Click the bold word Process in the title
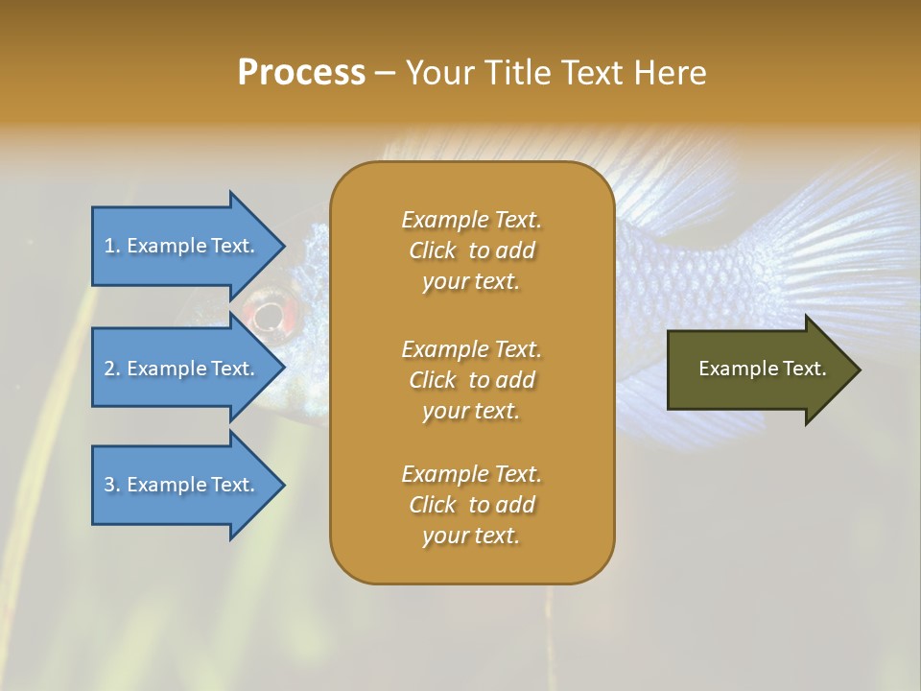coord(301,73)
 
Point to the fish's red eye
coord(268,313)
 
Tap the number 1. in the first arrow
coord(112,246)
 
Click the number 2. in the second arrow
coord(112,369)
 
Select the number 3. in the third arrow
coord(112,485)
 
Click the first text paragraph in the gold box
coord(472,250)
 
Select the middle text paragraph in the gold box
coord(472,379)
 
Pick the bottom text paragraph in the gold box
coord(472,505)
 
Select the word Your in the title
coord(437,73)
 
